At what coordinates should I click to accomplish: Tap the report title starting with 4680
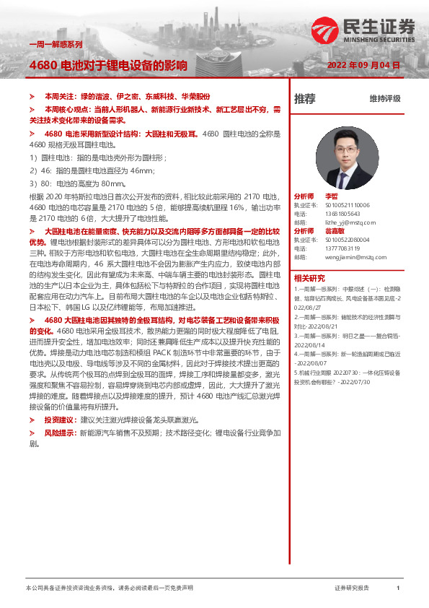tap(108, 65)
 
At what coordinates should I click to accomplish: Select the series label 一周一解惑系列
tap(55, 44)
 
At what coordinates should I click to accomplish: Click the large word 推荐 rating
tap(304, 99)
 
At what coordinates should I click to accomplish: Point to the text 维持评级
tap(384, 99)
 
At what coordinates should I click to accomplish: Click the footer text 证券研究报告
tap(352, 589)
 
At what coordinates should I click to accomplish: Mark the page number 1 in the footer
tap(398, 589)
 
